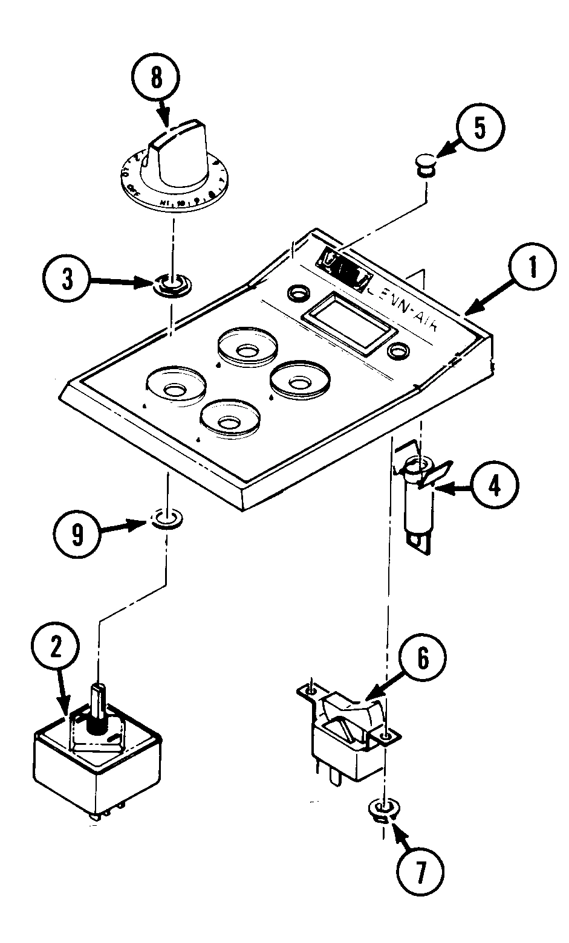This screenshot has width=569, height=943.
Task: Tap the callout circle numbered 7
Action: pos(420,870)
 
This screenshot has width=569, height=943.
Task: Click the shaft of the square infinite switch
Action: pos(98,703)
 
